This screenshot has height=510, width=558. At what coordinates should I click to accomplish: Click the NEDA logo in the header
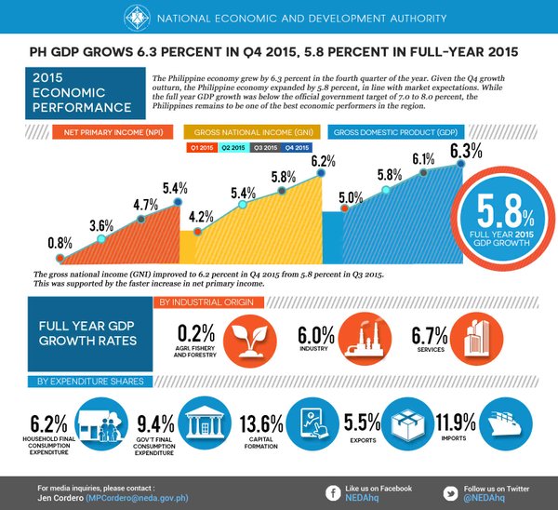pos(136,16)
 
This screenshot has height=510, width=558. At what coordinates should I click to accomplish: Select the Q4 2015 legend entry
pos(296,148)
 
